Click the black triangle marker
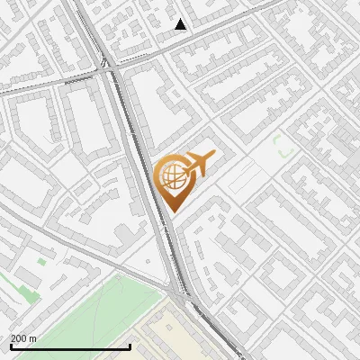coord(181,24)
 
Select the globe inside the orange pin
coord(171,175)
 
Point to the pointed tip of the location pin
coord(171,210)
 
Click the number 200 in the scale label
coord(19,338)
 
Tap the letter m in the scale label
coord(33,338)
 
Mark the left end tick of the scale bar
coord(11,346)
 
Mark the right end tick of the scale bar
coord(130,346)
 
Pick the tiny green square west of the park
coord(41,262)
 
